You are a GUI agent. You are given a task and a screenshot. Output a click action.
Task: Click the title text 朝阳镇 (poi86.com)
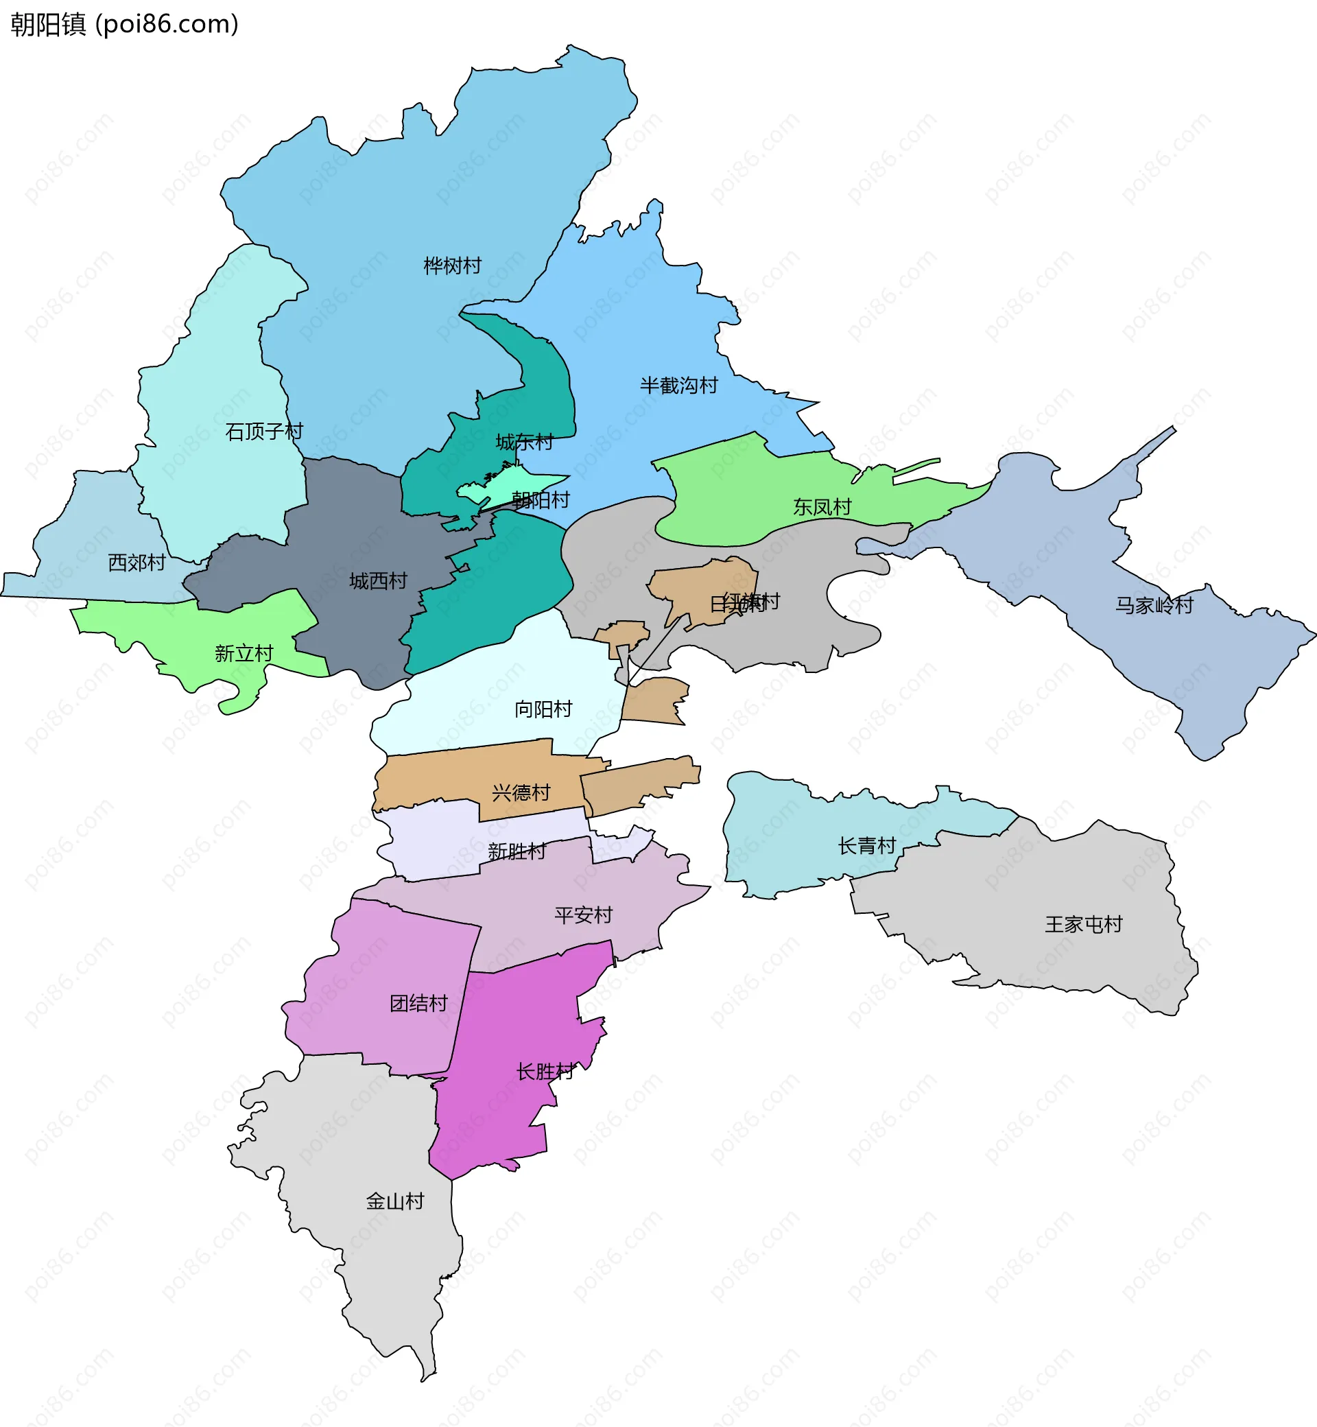pyautogui.click(x=124, y=24)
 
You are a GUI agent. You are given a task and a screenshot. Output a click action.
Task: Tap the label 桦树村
pyautogui.click(x=453, y=266)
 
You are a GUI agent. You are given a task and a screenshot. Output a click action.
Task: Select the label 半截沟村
pyautogui.click(x=678, y=386)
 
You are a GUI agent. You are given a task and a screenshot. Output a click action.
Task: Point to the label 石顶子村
pyautogui.click(x=263, y=432)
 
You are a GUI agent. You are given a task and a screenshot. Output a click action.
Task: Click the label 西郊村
pyautogui.click(x=137, y=563)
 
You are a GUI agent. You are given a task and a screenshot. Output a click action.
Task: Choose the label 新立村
pyautogui.click(x=244, y=653)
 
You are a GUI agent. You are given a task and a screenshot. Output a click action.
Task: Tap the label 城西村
pyautogui.click(x=378, y=581)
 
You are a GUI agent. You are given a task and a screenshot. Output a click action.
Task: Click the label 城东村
pyautogui.click(x=525, y=442)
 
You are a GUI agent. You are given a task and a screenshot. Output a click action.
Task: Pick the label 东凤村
pyautogui.click(x=822, y=507)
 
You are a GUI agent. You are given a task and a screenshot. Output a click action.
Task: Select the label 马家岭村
pyautogui.click(x=1154, y=605)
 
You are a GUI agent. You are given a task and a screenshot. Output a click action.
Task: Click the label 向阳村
pyautogui.click(x=543, y=709)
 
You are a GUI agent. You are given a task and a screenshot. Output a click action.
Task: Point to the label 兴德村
pyautogui.click(x=521, y=792)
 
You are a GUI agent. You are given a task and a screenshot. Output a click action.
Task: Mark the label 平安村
pyautogui.click(x=583, y=915)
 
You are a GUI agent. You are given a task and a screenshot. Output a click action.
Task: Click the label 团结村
pyautogui.click(x=418, y=1003)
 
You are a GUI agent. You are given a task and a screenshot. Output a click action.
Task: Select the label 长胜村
pyautogui.click(x=545, y=1071)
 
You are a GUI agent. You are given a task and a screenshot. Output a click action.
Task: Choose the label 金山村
pyautogui.click(x=395, y=1201)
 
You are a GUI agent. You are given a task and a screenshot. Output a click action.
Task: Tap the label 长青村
pyautogui.click(x=866, y=845)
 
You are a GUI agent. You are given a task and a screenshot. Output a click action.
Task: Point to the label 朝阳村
pyautogui.click(x=542, y=499)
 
